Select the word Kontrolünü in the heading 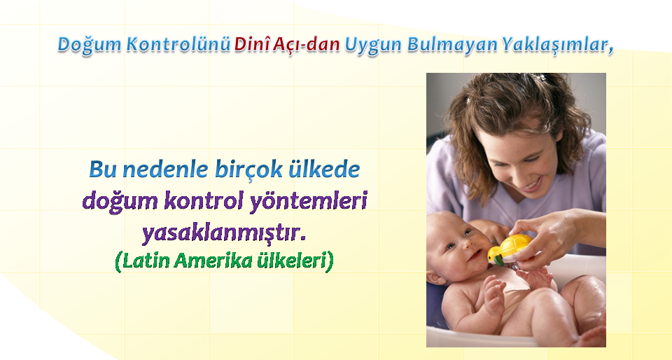pos(178,44)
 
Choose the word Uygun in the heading pos(373,46)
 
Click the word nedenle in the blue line pos(167,170)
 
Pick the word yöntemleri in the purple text pos(308,202)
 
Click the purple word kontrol pos(204,201)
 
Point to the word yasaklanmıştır pos(225,233)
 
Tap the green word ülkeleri pos(291,261)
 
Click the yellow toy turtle pos(510,249)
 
